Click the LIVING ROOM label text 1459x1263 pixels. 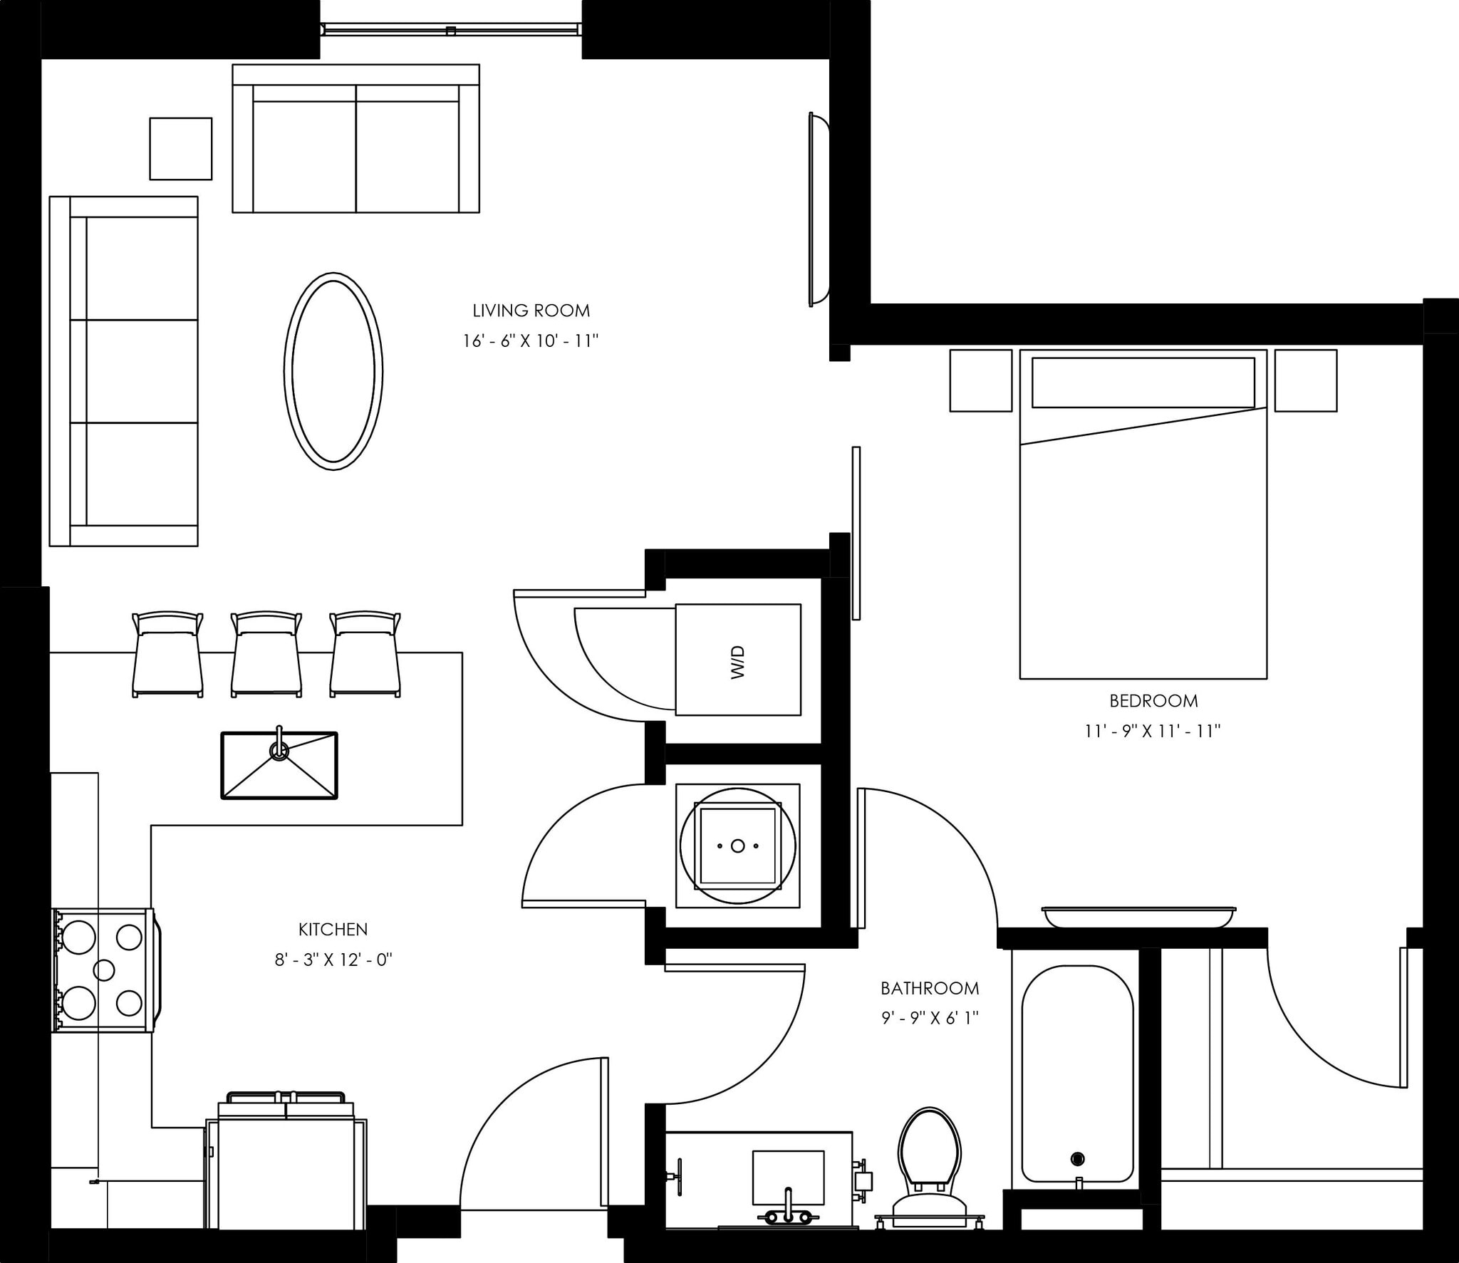coord(531,311)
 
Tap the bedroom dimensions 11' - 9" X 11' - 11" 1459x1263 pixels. coord(1153,731)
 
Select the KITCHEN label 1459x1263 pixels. coord(333,929)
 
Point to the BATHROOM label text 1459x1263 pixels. coord(930,988)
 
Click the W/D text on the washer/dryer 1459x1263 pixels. coord(738,662)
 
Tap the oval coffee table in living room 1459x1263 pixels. coord(333,371)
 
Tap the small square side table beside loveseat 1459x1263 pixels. coord(180,149)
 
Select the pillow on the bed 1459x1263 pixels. coord(1143,383)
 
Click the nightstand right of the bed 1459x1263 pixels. coord(1305,380)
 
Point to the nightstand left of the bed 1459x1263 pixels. coord(980,380)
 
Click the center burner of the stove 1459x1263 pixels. coord(104,970)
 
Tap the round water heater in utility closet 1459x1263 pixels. coord(737,846)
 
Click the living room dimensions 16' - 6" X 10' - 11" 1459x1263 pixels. coord(531,341)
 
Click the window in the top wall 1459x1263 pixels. coord(450,29)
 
